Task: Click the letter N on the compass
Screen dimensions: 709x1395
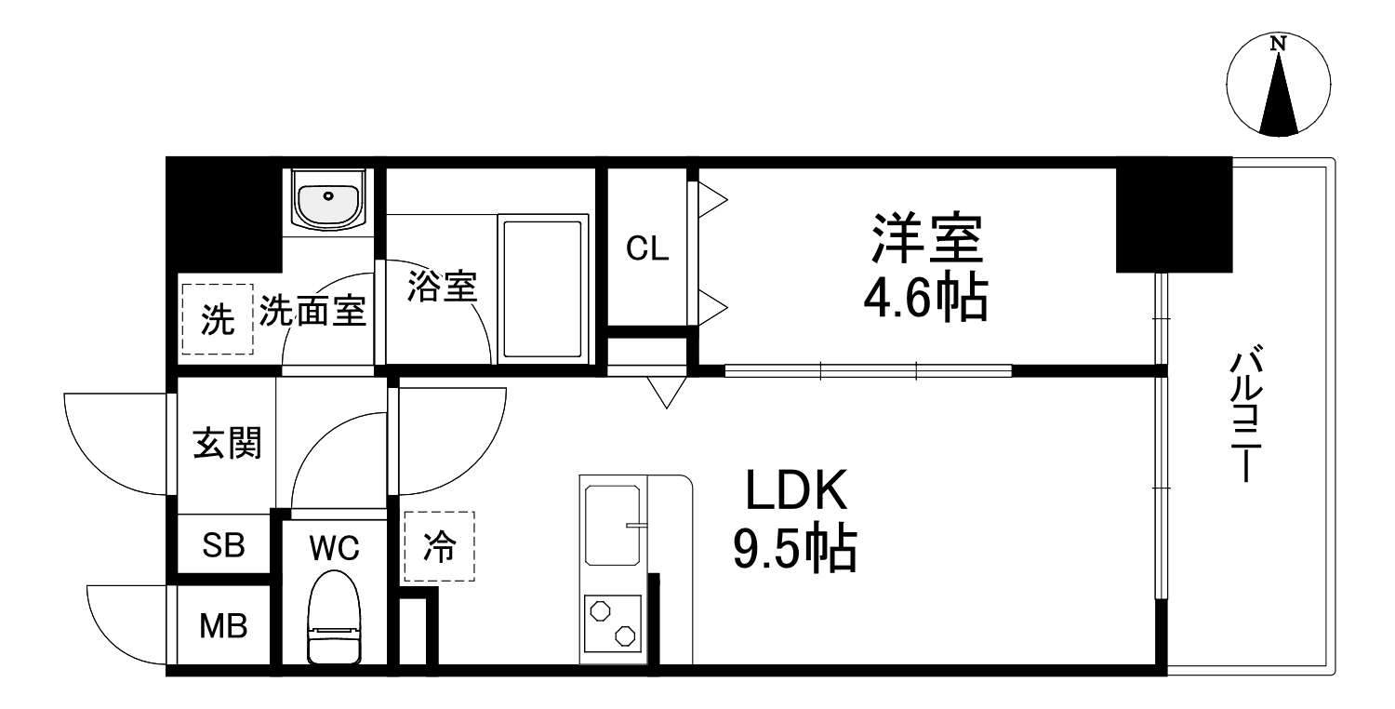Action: pos(1279,44)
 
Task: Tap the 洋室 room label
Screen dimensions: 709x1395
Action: pos(926,239)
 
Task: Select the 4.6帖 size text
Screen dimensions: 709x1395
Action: pos(926,300)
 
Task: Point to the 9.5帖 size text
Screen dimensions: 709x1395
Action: pos(795,551)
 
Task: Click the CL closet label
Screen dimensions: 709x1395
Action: pos(647,249)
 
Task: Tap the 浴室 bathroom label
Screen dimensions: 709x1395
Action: pos(442,287)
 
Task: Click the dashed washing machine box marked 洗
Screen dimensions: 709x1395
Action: pos(218,319)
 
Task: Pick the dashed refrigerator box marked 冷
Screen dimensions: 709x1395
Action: pos(439,547)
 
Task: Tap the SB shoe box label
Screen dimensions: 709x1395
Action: pos(224,546)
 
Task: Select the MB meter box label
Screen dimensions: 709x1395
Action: pos(224,626)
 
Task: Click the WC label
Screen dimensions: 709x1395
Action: pos(334,548)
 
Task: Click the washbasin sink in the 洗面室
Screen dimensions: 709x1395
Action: pos(326,198)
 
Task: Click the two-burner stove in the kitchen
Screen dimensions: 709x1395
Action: pos(611,626)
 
